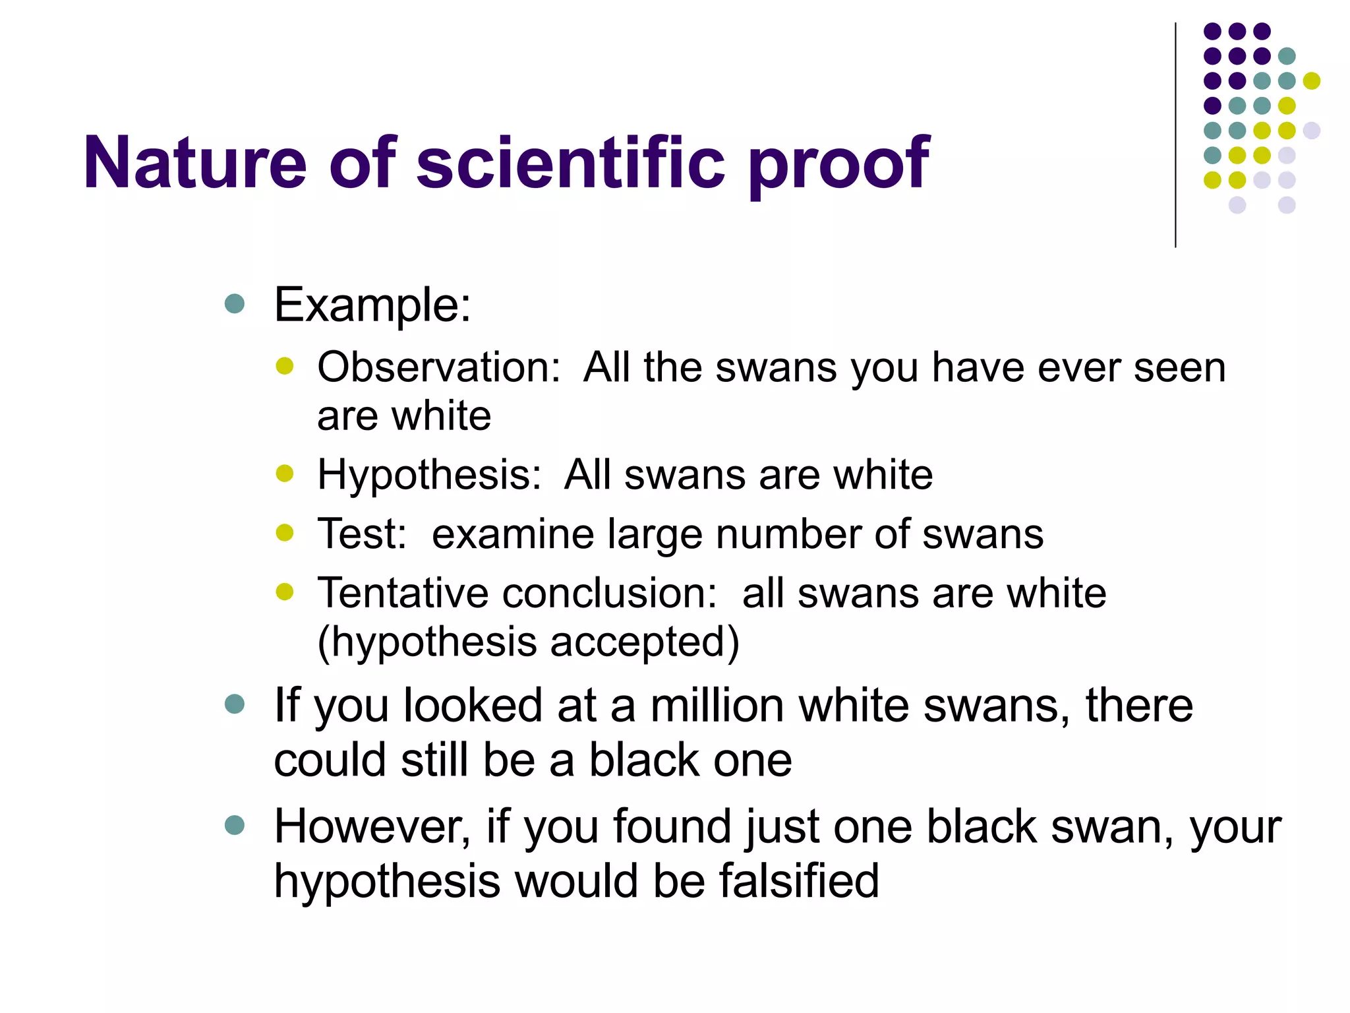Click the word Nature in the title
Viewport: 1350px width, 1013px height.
[x=195, y=162]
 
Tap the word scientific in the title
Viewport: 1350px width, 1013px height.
[x=571, y=162]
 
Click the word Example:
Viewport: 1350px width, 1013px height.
[x=372, y=305]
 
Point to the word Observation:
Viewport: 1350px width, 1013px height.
[x=439, y=367]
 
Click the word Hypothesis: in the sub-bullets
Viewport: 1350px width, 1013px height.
[x=429, y=475]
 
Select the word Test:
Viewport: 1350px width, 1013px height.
[x=362, y=534]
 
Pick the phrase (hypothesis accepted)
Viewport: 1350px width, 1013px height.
[x=528, y=642]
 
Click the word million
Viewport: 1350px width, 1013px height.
[x=717, y=706]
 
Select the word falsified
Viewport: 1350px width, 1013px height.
[x=799, y=881]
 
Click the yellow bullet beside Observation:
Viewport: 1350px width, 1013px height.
[x=285, y=366]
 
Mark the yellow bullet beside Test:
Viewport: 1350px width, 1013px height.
[x=285, y=532]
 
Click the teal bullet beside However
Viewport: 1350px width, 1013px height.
[x=235, y=825]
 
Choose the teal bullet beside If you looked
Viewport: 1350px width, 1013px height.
[x=235, y=704]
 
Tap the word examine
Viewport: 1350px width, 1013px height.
[x=512, y=534]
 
